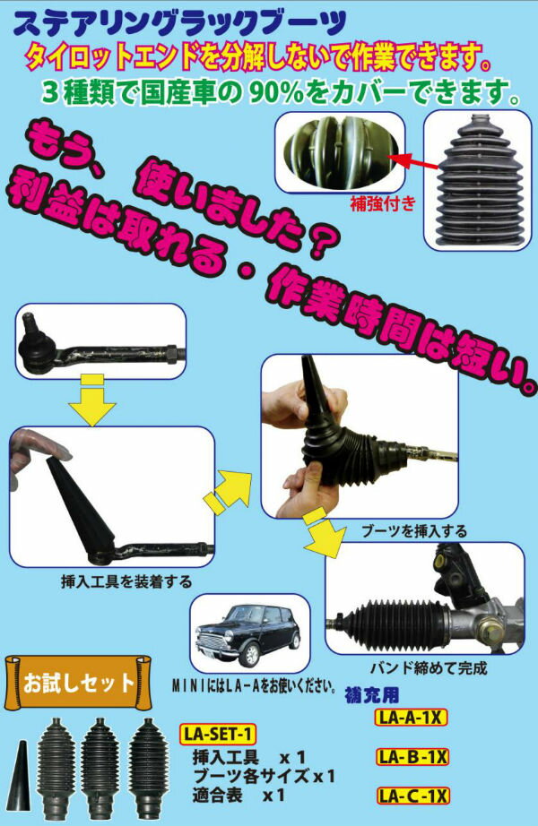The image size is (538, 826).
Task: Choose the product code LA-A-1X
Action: (412, 718)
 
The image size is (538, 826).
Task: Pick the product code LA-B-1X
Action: (412, 757)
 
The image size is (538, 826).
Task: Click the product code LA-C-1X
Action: (412, 795)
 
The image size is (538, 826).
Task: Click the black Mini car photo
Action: (250, 635)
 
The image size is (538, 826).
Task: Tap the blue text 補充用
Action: (372, 695)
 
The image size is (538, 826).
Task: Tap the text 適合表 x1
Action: (239, 793)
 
